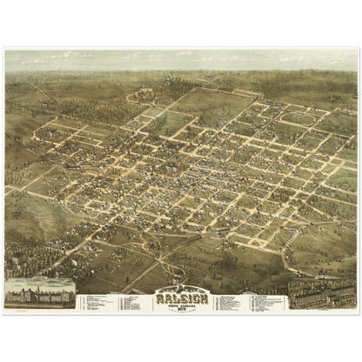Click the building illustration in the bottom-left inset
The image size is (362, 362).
(40, 294)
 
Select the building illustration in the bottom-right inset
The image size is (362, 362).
(321, 295)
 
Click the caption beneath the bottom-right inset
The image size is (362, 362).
(321, 307)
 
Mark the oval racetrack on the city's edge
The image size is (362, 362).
(298, 117)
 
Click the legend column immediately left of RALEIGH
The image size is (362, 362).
(135, 303)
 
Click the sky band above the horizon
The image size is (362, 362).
(181, 58)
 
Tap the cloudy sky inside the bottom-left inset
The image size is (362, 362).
(40, 281)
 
